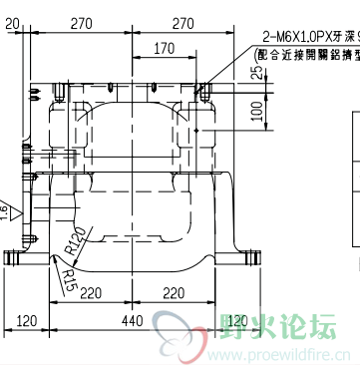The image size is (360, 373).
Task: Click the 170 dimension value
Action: point(166,47)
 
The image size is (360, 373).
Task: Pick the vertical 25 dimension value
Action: point(257,71)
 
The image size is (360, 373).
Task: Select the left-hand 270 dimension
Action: point(83,23)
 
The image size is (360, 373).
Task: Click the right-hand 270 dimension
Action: point(183,23)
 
